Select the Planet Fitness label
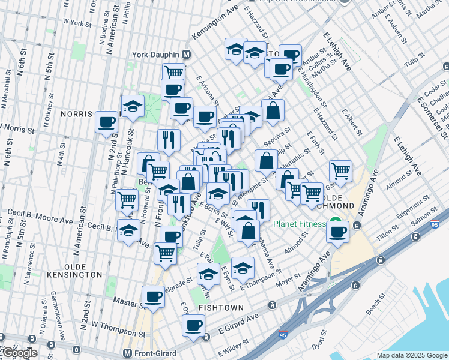[x=299, y=224]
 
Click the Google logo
[x=19, y=353]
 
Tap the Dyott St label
[x=318, y=340]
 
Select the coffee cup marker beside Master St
[x=152, y=296]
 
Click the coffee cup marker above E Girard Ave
[x=193, y=326]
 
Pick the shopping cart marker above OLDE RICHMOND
[x=340, y=171]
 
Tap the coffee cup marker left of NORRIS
[x=107, y=122]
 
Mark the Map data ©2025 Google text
[x=412, y=355]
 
